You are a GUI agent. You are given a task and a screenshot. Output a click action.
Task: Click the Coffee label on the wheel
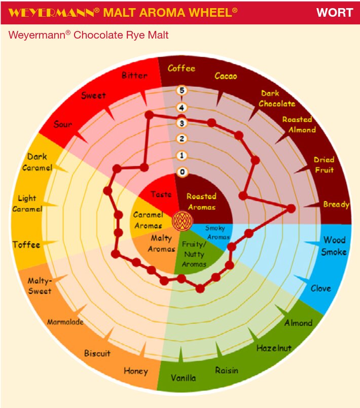[x=182, y=68]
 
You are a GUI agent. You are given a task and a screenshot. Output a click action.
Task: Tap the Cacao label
[x=226, y=76]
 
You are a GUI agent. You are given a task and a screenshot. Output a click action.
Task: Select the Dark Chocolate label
[x=277, y=98]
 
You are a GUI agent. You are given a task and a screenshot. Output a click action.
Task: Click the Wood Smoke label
[x=334, y=246]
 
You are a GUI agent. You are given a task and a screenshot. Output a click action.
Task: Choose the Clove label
[x=320, y=288]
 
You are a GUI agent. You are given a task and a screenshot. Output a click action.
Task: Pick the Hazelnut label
[x=274, y=348]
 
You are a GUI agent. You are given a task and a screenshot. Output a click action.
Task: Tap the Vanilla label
[x=183, y=378]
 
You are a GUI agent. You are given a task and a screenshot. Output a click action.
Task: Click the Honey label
[x=136, y=371]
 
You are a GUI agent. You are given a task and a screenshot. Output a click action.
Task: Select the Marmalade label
[x=65, y=322]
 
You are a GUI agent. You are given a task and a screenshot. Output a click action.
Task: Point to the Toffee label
[x=26, y=245]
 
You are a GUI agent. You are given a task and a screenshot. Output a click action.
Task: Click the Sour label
[x=63, y=124]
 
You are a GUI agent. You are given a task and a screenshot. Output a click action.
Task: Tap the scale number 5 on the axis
[x=182, y=91]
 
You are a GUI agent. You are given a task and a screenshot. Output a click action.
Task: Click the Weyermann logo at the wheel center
[x=182, y=221]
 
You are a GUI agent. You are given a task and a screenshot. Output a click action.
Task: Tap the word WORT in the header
[x=335, y=13]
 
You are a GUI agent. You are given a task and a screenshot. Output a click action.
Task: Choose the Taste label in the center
[x=161, y=194]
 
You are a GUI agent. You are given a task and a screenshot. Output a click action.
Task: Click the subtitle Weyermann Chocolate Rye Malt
[x=89, y=36]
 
